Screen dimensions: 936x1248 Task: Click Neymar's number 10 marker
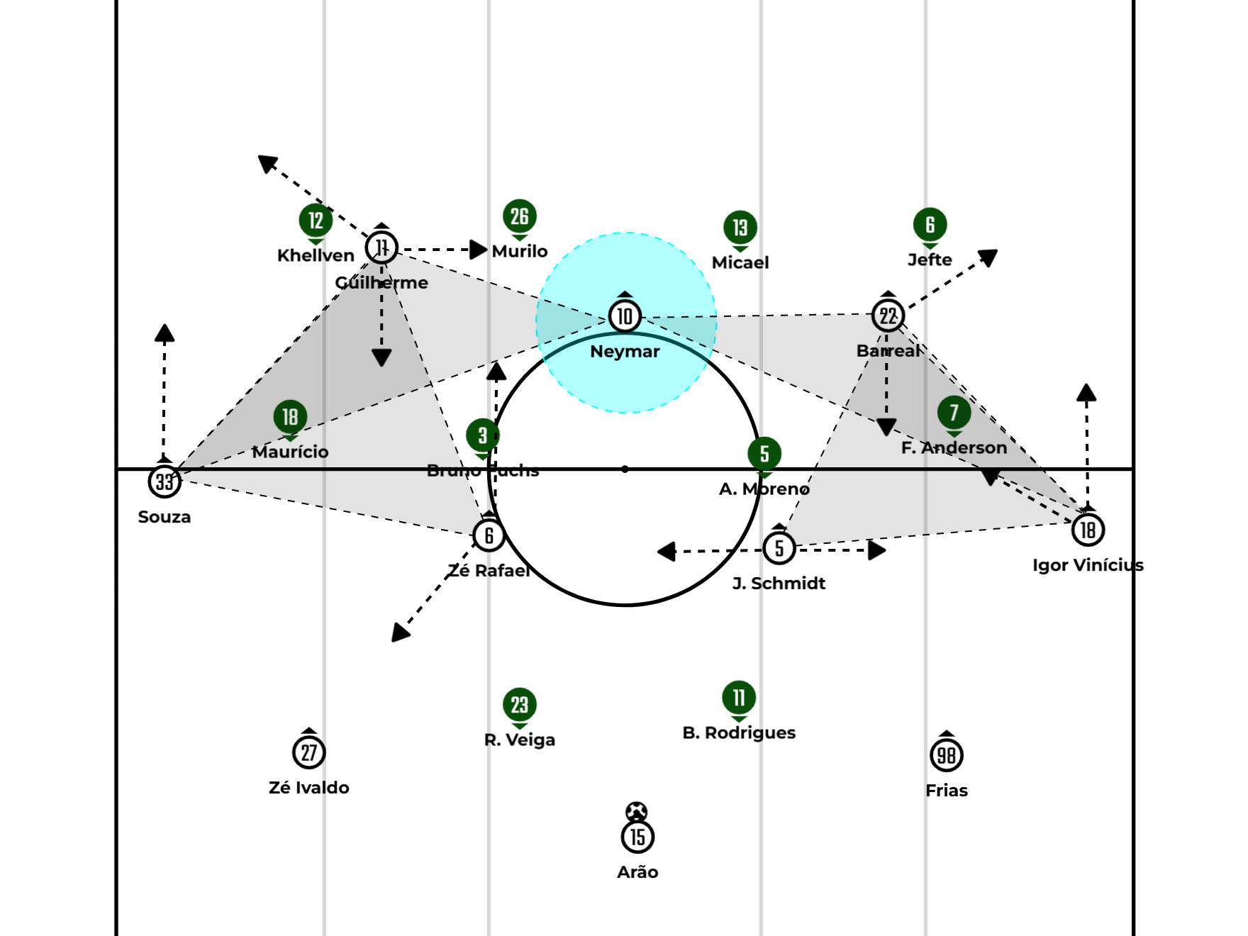click(x=625, y=316)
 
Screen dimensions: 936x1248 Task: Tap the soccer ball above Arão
click(x=637, y=811)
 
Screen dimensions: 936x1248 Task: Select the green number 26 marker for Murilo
click(x=520, y=216)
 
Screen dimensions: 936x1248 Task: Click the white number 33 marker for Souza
click(x=165, y=481)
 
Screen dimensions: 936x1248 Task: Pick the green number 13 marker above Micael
click(x=740, y=228)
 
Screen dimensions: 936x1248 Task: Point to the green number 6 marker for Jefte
click(x=930, y=225)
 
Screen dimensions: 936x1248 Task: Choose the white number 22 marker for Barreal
click(x=888, y=316)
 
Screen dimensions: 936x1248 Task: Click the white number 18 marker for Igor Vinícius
click(x=1088, y=530)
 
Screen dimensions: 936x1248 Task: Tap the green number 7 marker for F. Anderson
click(x=954, y=412)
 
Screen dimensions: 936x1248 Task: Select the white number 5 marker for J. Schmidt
click(x=779, y=547)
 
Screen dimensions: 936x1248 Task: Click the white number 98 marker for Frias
click(x=947, y=755)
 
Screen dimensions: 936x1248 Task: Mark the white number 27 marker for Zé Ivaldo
click(x=309, y=752)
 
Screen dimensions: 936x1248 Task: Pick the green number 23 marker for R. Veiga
click(x=520, y=705)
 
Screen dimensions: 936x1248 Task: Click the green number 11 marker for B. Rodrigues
click(x=739, y=698)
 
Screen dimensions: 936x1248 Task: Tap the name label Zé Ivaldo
click(x=309, y=788)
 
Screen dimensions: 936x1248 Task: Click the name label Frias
click(x=947, y=791)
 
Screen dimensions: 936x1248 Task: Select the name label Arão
click(x=637, y=872)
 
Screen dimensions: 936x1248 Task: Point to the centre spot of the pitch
click(x=625, y=469)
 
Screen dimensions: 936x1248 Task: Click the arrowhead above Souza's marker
click(x=165, y=333)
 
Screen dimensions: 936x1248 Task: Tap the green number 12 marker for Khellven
click(x=316, y=221)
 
